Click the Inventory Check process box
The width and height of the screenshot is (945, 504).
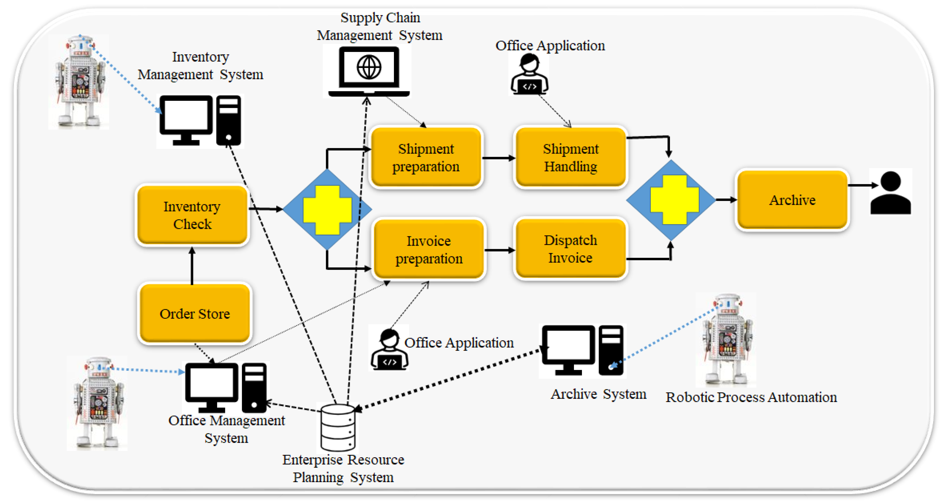[x=192, y=215]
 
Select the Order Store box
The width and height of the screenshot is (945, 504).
[x=194, y=314]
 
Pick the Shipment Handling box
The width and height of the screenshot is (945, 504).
[x=571, y=157]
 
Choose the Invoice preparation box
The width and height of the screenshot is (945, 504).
[x=428, y=249]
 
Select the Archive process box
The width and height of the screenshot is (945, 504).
[x=792, y=200]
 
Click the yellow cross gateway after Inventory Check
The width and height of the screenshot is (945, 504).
[x=327, y=209]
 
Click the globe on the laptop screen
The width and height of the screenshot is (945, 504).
[x=369, y=67]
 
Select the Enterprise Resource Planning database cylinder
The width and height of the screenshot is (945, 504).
[x=338, y=428]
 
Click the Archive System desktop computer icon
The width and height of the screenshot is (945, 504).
[x=582, y=350]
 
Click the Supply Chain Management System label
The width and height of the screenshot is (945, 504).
[x=380, y=26]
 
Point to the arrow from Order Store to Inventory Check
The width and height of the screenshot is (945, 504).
[x=192, y=266]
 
